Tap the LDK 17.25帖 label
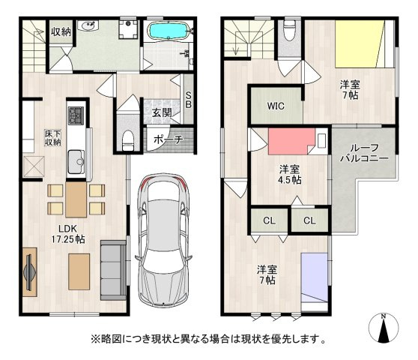point(68,234)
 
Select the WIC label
point(276,106)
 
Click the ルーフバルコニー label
point(364,153)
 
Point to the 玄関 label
point(162,113)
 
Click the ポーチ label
point(169,139)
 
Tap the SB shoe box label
point(189,100)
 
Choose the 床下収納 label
point(52,138)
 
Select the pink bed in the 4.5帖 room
point(291,142)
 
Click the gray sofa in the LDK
point(114,270)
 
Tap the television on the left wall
point(30,272)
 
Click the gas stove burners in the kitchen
point(76,115)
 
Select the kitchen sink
point(76,162)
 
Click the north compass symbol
point(384,328)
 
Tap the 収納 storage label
point(61,31)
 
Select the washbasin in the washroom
point(88,26)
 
